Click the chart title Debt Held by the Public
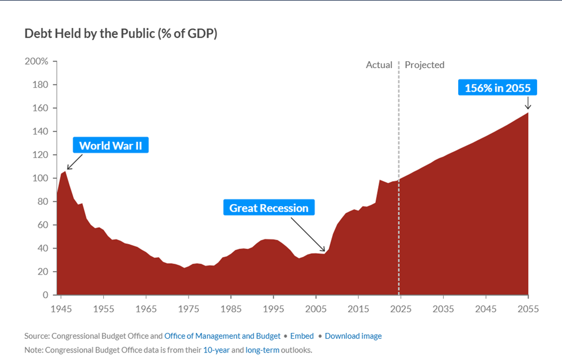(120, 33)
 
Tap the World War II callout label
(111, 145)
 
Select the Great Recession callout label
(269, 208)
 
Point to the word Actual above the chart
(379, 65)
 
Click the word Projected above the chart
(424, 65)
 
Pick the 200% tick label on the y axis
(36, 61)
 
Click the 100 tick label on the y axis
(40, 178)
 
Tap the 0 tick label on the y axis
(45, 295)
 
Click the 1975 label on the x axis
(188, 309)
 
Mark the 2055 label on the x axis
(527, 309)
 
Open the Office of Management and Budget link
(222, 336)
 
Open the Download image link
(353, 336)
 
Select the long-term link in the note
(262, 350)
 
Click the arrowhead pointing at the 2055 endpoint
(527, 107)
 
